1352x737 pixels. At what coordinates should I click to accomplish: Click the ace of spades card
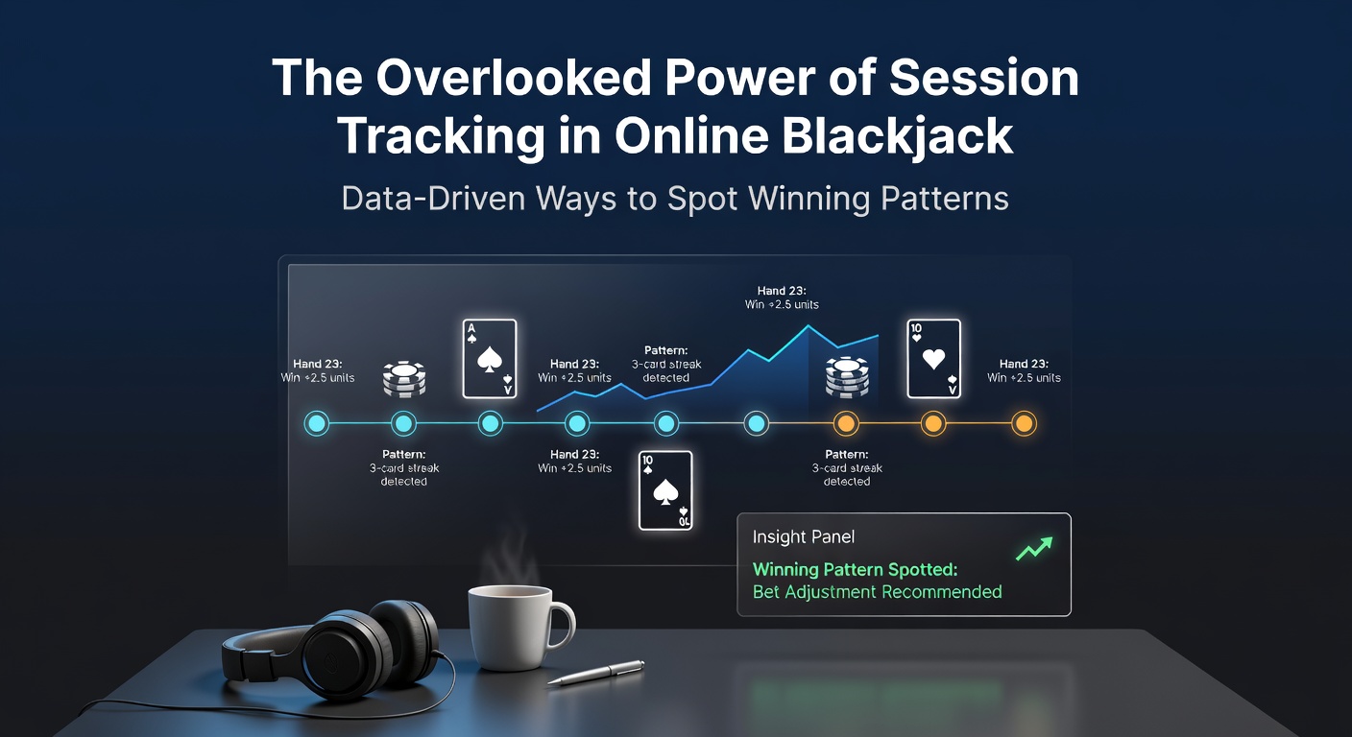(490, 358)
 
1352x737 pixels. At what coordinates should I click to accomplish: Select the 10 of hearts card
(933, 358)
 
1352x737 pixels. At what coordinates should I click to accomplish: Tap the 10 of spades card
(665, 489)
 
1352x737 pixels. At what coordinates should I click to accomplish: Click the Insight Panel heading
(803, 538)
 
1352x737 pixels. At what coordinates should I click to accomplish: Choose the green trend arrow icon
(1034, 547)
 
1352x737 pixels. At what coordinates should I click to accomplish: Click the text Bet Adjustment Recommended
(877, 592)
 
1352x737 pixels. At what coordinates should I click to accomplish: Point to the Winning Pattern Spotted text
(855, 569)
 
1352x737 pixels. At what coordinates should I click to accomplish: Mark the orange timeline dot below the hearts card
(932, 423)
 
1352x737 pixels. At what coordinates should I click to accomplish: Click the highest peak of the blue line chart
(809, 325)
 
